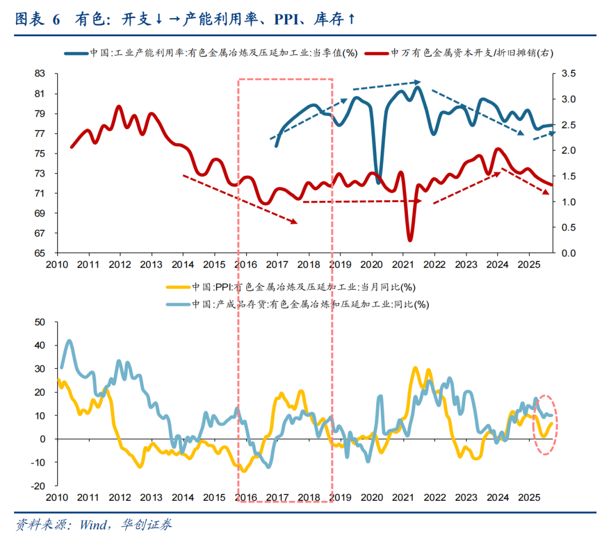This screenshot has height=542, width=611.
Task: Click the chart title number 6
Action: (56, 20)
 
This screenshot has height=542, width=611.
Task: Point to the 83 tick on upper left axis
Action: (40, 74)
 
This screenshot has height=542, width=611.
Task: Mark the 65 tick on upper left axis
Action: (40, 253)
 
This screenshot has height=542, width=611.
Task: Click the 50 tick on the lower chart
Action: (40, 322)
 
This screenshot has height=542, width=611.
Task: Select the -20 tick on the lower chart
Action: (37, 485)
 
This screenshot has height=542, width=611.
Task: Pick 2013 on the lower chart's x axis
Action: (151, 497)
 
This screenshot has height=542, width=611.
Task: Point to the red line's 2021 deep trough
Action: (410, 240)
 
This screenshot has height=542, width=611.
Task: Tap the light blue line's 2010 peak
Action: (69, 341)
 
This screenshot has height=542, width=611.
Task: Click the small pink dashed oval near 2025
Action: (547, 424)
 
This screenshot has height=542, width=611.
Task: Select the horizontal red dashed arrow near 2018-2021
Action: (362, 201)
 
